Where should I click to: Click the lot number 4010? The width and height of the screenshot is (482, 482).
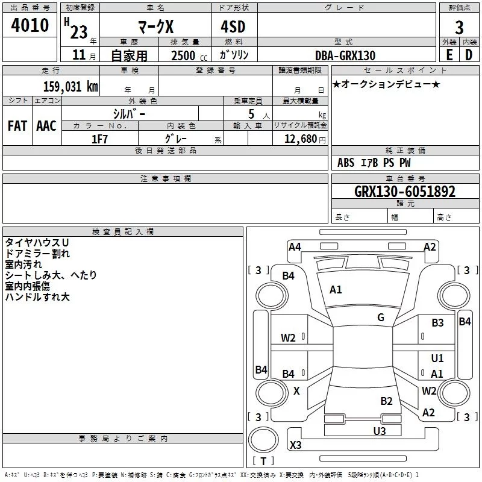(30, 25)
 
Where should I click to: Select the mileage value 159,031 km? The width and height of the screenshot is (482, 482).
(70, 86)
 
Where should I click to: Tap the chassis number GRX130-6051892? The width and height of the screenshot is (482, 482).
(404, 192)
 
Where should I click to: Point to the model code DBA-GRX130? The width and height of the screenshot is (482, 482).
(345, 55)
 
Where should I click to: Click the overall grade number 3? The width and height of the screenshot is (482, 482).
(459, 28)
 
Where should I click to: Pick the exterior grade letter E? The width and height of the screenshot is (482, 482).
(449, 55)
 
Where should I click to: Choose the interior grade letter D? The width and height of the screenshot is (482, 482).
(469, 55)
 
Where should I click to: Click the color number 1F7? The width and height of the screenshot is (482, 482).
(99, 139)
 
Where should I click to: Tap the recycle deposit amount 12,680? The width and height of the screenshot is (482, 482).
(300, 139)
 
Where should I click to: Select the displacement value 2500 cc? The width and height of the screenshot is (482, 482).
(189, 55)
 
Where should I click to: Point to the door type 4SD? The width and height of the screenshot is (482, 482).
(233, 27)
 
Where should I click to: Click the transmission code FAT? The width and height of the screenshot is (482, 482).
(17, 126)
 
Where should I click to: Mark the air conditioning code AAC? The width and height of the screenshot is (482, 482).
(46, 126)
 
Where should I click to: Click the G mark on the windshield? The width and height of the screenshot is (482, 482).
(381, 318)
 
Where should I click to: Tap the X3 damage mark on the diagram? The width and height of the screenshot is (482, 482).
(295, 445)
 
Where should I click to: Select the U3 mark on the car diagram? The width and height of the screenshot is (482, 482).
(380, 431)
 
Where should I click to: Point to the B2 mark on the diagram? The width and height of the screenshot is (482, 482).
(386, 401)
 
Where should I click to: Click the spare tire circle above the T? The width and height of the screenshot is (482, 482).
(263, 440)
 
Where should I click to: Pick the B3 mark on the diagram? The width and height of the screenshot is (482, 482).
(437, 322)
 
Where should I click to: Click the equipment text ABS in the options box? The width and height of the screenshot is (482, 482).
(346, 163)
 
